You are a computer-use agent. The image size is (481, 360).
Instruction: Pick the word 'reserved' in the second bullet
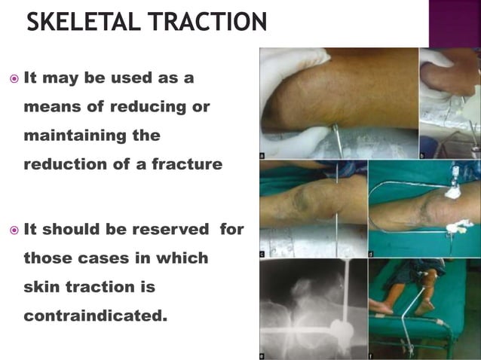pyautogui.click(x=173, y=229)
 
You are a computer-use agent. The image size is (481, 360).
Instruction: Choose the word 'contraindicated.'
pyautogui.click(x=95, y=316)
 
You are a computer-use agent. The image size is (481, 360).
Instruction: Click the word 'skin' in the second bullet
pyautogui.click(x=44, y=287)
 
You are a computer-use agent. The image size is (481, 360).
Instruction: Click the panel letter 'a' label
pyautogui.click(x=262, y=156)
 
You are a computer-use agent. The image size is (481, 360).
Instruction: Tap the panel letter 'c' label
pyautogui.click(x=262, y=254)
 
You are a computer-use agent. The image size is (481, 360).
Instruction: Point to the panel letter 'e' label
pyautogui.click(x=262, y=355)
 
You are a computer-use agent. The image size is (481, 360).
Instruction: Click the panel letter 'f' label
pyautogui.click(x=371, y=355)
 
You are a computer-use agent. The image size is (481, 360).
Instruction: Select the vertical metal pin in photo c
pyautogui.click(x=337, y=211)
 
